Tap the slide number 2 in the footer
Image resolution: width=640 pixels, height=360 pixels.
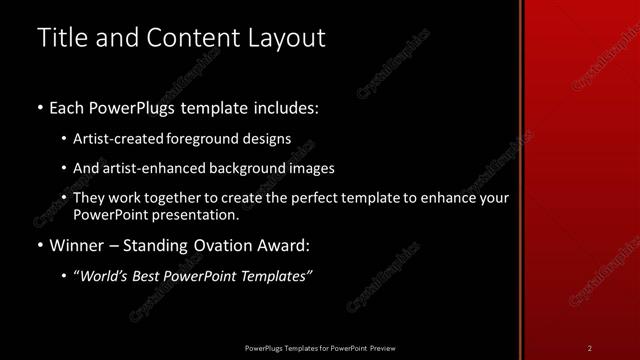(x=590, y=348)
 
